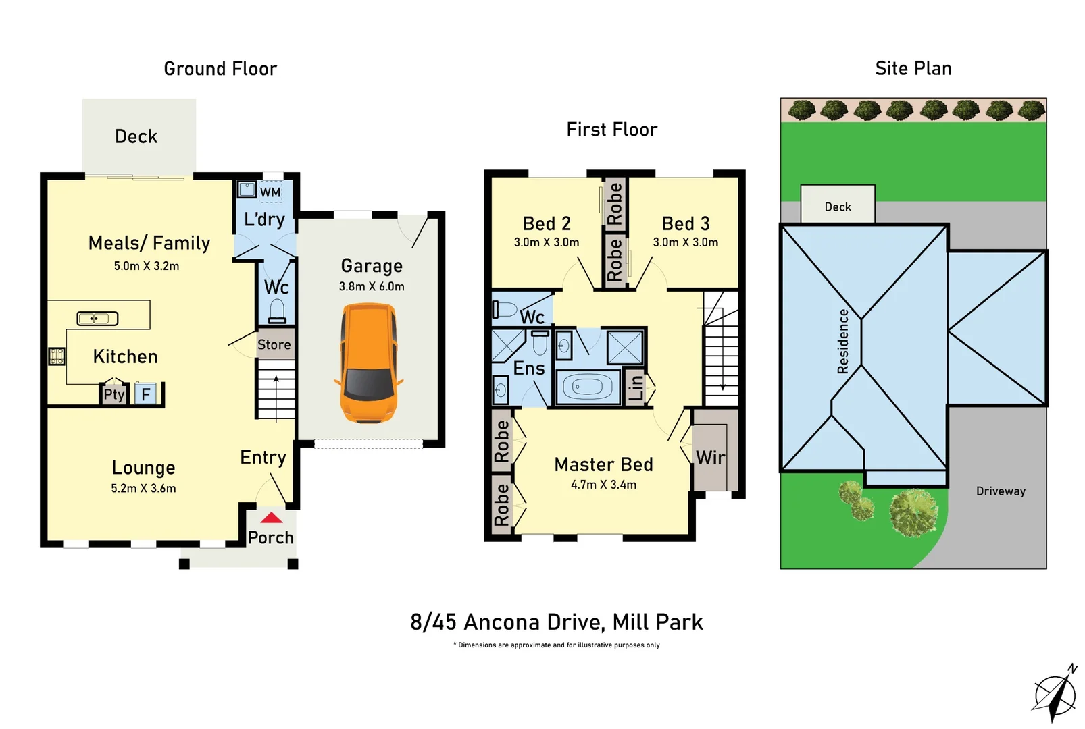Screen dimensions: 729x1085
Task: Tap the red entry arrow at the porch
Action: point(271,518)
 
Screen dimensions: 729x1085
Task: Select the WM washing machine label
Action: point(270,192)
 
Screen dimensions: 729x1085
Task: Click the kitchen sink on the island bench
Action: point(97,318)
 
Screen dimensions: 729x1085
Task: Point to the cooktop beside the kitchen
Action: point(57,356)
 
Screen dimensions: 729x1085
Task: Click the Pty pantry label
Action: point(113,394)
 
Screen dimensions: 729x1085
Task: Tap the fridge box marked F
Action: point(145,394)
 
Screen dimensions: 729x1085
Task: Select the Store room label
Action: point(274,344)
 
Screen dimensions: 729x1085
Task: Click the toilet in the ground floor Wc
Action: point(277,312)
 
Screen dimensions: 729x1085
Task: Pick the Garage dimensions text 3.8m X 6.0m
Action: point(372,286)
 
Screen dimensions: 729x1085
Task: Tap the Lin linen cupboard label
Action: point(636,387)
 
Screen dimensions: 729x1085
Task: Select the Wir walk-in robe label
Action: point(710,458)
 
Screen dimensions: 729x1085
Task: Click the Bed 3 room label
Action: point(685,223)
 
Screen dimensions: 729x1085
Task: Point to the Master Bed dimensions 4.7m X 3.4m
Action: point(603,485)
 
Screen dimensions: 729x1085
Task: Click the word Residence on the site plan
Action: point(842,341)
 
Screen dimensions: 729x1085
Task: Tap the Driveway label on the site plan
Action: point(1000,491)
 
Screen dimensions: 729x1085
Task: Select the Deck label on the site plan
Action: point(838,207)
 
